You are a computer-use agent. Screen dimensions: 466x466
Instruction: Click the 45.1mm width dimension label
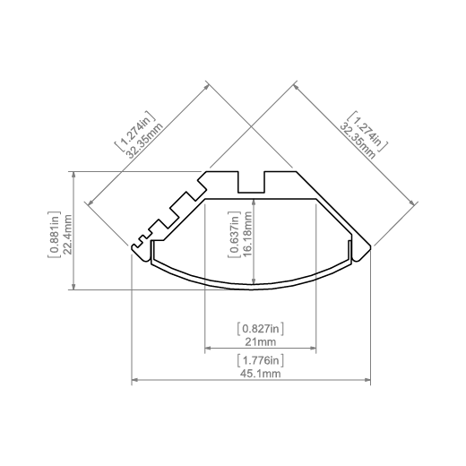[260, 374]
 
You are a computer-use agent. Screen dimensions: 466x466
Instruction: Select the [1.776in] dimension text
[260, 360]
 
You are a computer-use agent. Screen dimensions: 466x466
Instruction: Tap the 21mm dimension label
[260, 341]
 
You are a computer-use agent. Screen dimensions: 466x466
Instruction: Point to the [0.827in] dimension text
[260, 329]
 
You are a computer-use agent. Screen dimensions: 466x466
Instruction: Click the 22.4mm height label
[67, 235]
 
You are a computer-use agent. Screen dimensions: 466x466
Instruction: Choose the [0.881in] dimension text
[55, 235]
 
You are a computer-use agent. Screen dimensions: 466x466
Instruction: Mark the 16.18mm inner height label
[247, 235]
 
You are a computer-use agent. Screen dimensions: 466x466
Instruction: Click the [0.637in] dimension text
[235, 235]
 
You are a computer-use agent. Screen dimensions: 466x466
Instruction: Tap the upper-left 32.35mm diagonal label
[144, 140]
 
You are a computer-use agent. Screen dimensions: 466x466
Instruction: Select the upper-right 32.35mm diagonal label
[358, 142]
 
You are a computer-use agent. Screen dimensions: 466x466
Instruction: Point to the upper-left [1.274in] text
[135, 131]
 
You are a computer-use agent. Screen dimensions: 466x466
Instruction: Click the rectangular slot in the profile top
[251, 182]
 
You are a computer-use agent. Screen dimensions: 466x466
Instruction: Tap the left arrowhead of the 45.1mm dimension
[134, 380]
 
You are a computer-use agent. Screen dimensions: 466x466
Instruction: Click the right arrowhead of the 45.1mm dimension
[367, 380]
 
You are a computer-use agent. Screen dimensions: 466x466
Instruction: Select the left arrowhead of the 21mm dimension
[208, 348]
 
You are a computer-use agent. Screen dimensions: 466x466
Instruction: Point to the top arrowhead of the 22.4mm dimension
[73, 175]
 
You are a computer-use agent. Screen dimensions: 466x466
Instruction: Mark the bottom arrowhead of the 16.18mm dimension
[254, 281]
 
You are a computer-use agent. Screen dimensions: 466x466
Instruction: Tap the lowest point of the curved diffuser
[252, 289]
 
